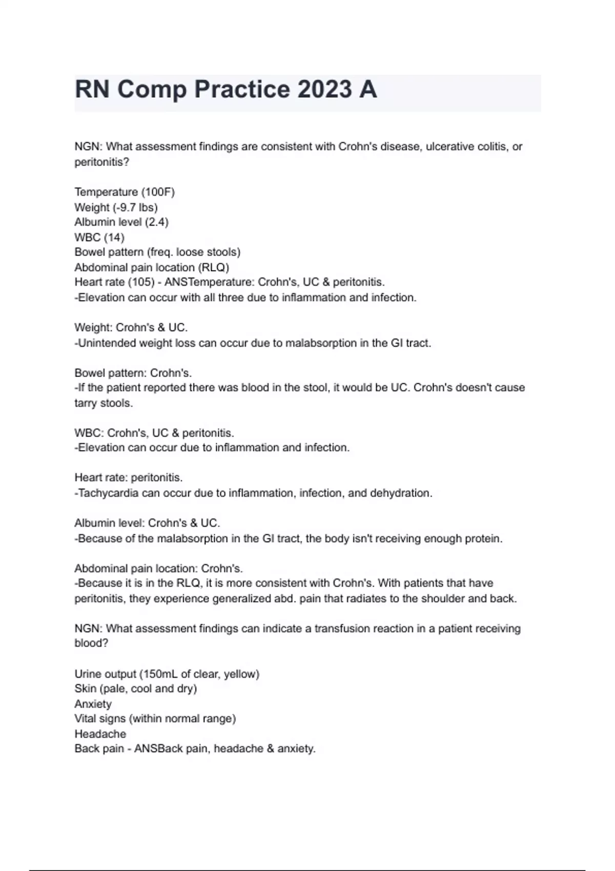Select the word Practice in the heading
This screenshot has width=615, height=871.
(242, 89)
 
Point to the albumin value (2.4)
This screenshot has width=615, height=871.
(156, 222)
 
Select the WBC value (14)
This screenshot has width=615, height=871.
(114, 237)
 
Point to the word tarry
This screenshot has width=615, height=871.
(86, 403)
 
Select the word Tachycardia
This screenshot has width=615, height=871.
(108, 493)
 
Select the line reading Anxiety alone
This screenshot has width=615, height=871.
(93, 704)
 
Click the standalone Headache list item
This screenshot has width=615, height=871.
(100, 734)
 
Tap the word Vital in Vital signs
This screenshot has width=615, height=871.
(85, 719)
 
